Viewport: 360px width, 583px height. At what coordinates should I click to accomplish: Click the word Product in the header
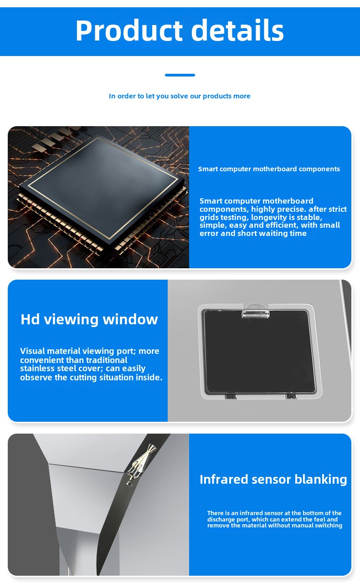click(x=129, y=30)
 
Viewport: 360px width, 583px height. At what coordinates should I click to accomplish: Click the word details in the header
click(x=237, y=30)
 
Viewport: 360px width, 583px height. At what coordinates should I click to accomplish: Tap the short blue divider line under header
click(x=180, y=75)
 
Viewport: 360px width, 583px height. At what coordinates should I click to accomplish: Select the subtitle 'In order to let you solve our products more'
click(x=180, y=96)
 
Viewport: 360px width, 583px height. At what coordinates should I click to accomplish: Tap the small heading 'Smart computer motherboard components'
click(x=269, y=169)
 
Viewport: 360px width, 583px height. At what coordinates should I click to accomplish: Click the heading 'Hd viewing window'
click(x=89, y=319)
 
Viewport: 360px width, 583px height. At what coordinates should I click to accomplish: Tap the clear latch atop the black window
click(x=255, y=311)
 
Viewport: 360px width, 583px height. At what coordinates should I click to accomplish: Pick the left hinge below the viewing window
click(x=231, y=396)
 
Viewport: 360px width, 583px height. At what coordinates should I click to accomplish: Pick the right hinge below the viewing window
click(x=291, y=396)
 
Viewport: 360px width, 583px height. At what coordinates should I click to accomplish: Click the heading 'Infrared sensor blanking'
click(x=273, y=480)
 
